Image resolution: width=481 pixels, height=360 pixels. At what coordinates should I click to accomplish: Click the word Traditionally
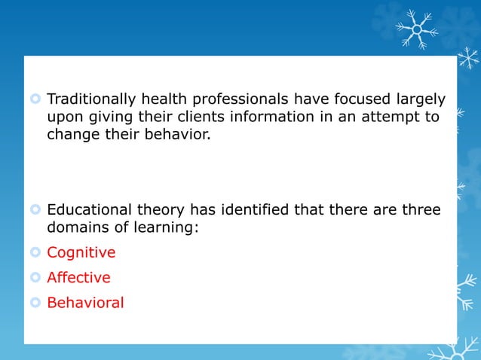91,99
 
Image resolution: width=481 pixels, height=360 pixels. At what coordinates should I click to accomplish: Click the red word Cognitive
81,252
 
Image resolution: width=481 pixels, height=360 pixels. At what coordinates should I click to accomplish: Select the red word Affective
78,277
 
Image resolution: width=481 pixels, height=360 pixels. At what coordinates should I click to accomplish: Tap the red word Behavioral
85,303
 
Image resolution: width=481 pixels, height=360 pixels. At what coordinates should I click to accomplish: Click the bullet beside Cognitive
35,252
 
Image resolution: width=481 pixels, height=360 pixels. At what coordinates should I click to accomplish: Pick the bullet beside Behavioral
35,303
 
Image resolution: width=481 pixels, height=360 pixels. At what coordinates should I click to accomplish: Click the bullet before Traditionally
35,99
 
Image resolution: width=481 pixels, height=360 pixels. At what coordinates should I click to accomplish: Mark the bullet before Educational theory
35,209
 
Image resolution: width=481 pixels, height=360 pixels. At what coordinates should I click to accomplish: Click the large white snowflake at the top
416,29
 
